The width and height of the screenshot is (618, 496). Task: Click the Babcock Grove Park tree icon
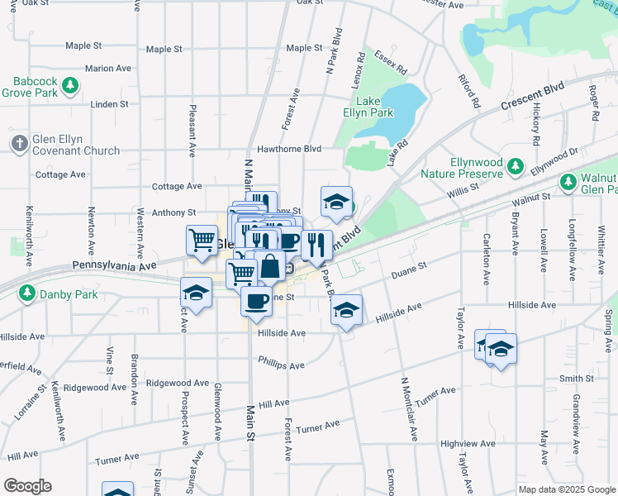[x=72, y=84]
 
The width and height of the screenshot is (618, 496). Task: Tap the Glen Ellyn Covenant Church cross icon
[x=20, y=142]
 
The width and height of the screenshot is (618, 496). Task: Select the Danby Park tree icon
[x=27, y=293]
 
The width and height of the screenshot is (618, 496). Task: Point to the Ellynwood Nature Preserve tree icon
[x=516, y=166]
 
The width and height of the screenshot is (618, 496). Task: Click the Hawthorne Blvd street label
[x=289, y=149]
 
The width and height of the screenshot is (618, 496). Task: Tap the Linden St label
[x=110, y=104]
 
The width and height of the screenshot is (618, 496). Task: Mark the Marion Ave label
[x=107, y=69]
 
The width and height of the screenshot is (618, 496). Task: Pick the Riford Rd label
[x=469, y=92]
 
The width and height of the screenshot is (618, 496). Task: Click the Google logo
[x=27, y=486]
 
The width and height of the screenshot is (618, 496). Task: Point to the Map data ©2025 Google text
[x=566, y=489]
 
